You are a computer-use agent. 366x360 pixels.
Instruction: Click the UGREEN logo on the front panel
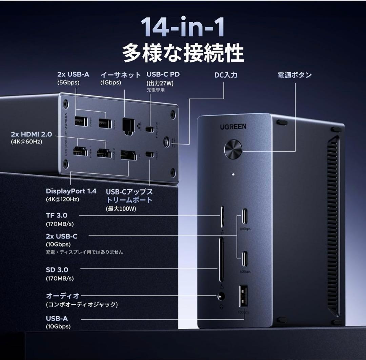(x=233, y=127)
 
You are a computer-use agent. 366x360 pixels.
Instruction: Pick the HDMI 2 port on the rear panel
(x=103, y=153)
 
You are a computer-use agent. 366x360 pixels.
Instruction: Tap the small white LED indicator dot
(x=233, y=175)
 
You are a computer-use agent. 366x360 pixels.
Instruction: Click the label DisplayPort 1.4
(x=71, y=191)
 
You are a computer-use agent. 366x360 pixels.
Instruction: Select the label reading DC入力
(x=226, y=75)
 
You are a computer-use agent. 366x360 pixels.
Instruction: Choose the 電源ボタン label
(x=294, y=75)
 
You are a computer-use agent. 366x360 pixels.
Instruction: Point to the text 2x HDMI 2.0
(x=31, y=134)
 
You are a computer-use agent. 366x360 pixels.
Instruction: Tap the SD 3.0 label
(x=57, y=270)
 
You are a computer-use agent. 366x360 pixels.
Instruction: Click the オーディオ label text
(x=63, y=296)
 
